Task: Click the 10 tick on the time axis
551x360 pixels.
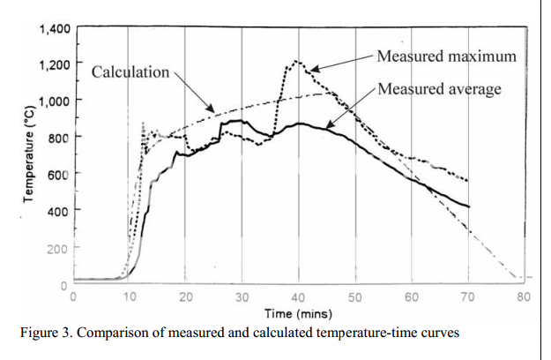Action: coord(129,296)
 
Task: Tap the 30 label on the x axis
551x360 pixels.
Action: coord(242,296)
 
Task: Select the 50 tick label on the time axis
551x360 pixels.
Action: coord(355,296)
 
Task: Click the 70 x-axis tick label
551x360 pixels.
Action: coord(467,296)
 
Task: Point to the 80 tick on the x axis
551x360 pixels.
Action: coord(524,296)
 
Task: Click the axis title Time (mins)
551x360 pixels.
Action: coord(300,313)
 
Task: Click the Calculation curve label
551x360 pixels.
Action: coord(130,71)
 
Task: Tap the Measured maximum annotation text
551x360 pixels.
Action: coord(445,56)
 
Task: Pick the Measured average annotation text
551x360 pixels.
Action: coord(439,89)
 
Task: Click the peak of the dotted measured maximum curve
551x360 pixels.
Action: coord(297,61)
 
